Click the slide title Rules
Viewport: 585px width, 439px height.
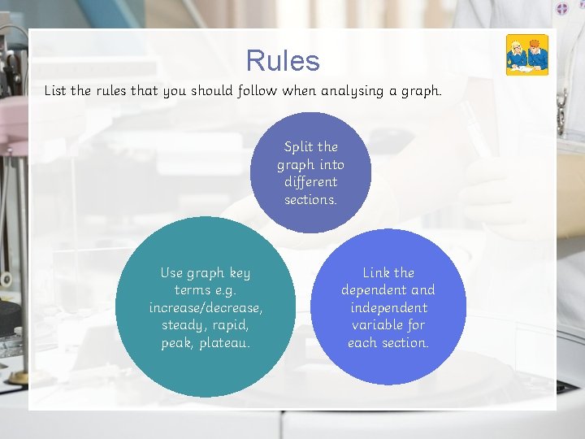tap(283, 61)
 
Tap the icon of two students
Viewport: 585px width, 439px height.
tap(527, 55)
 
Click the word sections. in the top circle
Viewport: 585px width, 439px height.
tap(310, 200)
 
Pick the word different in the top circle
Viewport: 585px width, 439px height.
tap(310, 182)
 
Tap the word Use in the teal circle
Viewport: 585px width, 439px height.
tap(171, 273)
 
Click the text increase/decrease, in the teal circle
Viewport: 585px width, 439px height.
tap(206, 308)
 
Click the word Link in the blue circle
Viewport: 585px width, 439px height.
tap(376, 273)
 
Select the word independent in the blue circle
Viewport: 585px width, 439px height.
tap(388, 308)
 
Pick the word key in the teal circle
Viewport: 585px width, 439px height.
tap(240, 273)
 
